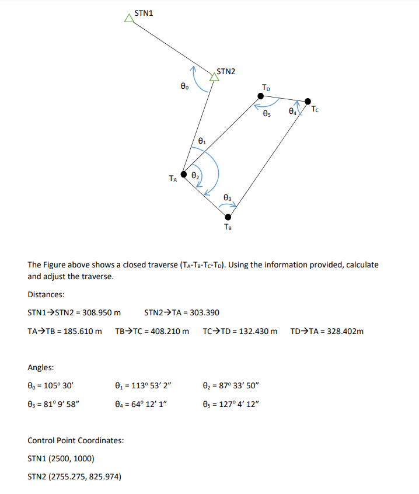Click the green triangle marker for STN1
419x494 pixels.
pos(129,19)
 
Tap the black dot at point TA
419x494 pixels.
pos(184,174)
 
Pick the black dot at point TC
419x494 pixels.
pos(308,102)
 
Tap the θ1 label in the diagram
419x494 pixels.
pos(202,141)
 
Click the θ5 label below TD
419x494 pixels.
pos(267,114)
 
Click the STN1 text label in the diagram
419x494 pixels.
pos(144,12)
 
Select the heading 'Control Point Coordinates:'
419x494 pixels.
pos(76,440)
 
